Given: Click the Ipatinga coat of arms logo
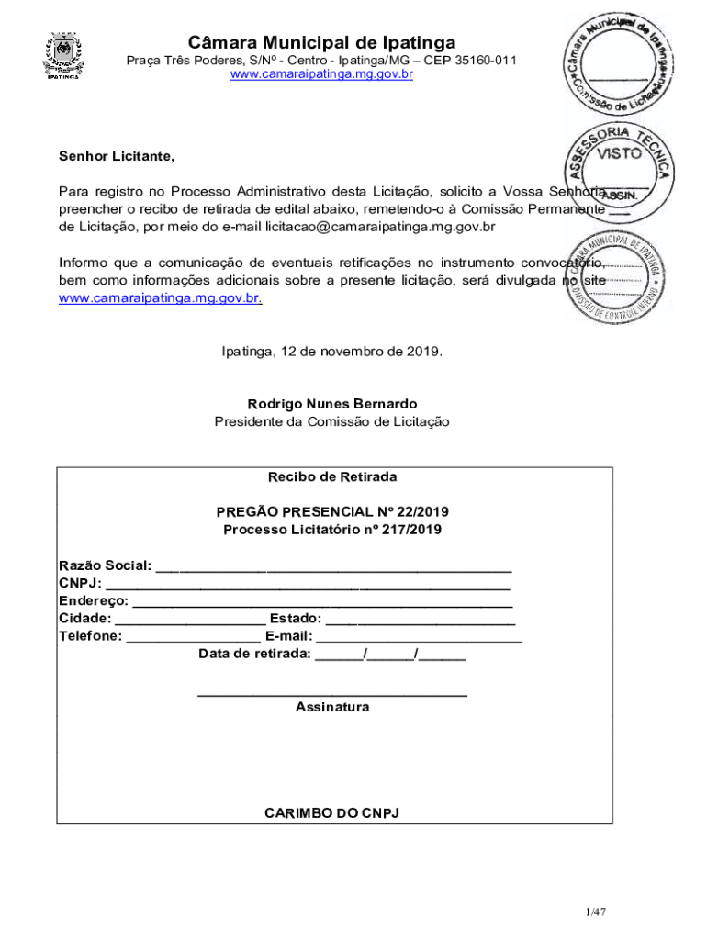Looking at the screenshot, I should coord(62,56).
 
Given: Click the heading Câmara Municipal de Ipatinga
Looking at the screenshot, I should coord(321,42).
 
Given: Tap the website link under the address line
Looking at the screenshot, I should coord(321,74).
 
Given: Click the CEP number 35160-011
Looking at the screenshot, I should coord(483,61).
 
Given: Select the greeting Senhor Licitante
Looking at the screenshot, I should coord(117,157).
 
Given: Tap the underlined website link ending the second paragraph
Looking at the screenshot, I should coord(160,298).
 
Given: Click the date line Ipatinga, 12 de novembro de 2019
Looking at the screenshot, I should coord(332,351).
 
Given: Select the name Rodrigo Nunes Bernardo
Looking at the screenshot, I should coord(332,404).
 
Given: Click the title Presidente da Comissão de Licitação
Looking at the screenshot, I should coord(332,421).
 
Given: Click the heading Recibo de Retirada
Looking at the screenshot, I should coord(332,477).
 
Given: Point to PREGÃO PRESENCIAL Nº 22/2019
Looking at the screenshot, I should coord(332,512).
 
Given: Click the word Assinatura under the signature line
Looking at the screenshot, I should coord(332,707).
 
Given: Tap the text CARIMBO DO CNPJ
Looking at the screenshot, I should coord(332,813).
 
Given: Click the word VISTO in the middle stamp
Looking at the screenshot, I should coord(620,154).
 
